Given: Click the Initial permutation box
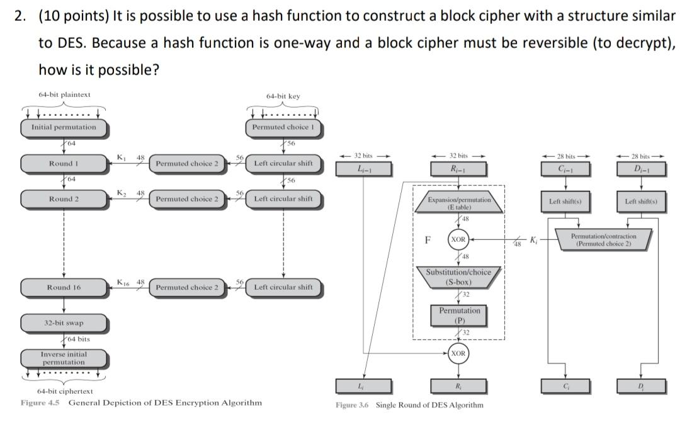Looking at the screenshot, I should tap(64, 127).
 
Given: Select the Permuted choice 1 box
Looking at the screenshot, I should tap(283, 127).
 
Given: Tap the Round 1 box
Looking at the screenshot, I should tap(64, 163).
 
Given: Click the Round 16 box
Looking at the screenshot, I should tap(64, 287).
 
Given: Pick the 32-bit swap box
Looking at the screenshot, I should tap(64, 323).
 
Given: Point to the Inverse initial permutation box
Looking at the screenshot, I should tap(64, 358).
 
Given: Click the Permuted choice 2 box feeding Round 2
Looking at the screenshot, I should tap(187, 199).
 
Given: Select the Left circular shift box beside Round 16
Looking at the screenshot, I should tap(283, 287).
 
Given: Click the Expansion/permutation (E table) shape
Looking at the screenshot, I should tap(458, 203).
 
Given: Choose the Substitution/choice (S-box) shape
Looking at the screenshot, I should tap(458, 277).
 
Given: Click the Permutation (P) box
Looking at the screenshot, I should tap(458, 315).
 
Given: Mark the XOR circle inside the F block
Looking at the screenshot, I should tap(458, 240).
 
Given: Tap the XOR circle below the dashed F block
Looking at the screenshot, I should tap(458, 353).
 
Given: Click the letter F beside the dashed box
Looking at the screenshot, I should tap(428, 240).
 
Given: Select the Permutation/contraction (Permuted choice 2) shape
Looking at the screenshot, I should tap(603, 240).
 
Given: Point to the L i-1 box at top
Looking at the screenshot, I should tap(364, 169).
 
